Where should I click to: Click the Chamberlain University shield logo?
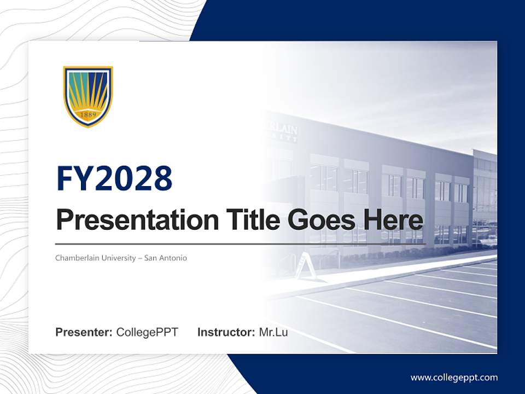coord(88,96)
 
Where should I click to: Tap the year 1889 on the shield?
coord(88,115)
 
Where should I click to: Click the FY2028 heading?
coord(114,179)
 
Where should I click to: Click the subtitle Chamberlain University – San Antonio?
coord(121,258)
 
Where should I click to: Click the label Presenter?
coord(84,332)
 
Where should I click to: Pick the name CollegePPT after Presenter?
coord(147,332)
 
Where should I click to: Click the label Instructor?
coord(226,332)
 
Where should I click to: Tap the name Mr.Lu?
coord(273,332)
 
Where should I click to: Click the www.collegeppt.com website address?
coord(454,377)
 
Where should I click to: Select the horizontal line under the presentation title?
coord(241,244)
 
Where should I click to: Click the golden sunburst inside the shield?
coord(88,101)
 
